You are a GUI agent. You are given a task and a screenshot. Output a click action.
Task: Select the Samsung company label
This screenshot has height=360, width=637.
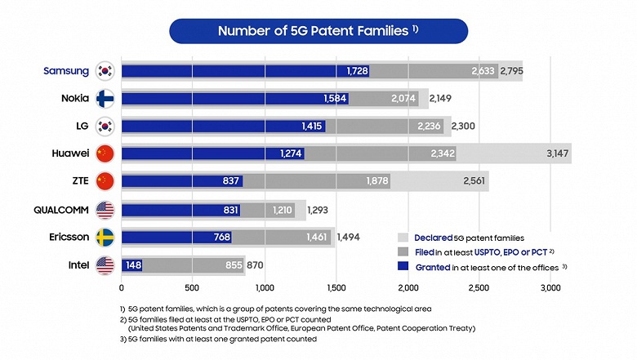point(67,71)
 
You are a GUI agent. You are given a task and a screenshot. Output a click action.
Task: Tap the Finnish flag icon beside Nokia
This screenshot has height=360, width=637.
point(105,99)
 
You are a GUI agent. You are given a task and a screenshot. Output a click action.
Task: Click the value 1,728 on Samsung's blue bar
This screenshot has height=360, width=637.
point(357,71)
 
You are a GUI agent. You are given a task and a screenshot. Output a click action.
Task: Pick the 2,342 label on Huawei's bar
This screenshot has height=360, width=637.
point(439,153)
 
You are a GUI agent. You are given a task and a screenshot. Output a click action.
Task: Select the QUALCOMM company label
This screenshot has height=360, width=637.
point(60,209)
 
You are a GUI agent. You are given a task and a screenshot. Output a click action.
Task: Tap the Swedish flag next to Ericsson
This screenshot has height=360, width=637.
point(105,237)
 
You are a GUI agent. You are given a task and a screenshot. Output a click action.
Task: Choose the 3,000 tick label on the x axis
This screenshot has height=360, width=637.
point(550,288)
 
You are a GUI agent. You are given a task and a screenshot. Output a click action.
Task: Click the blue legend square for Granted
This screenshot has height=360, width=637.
point(402,268)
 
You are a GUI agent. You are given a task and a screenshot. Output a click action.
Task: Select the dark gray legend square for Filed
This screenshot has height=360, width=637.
point(402,251)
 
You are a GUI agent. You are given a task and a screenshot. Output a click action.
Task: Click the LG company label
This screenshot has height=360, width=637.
point(81,126)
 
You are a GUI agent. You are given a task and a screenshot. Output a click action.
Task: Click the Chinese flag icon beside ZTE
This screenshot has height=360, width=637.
point(105,181)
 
